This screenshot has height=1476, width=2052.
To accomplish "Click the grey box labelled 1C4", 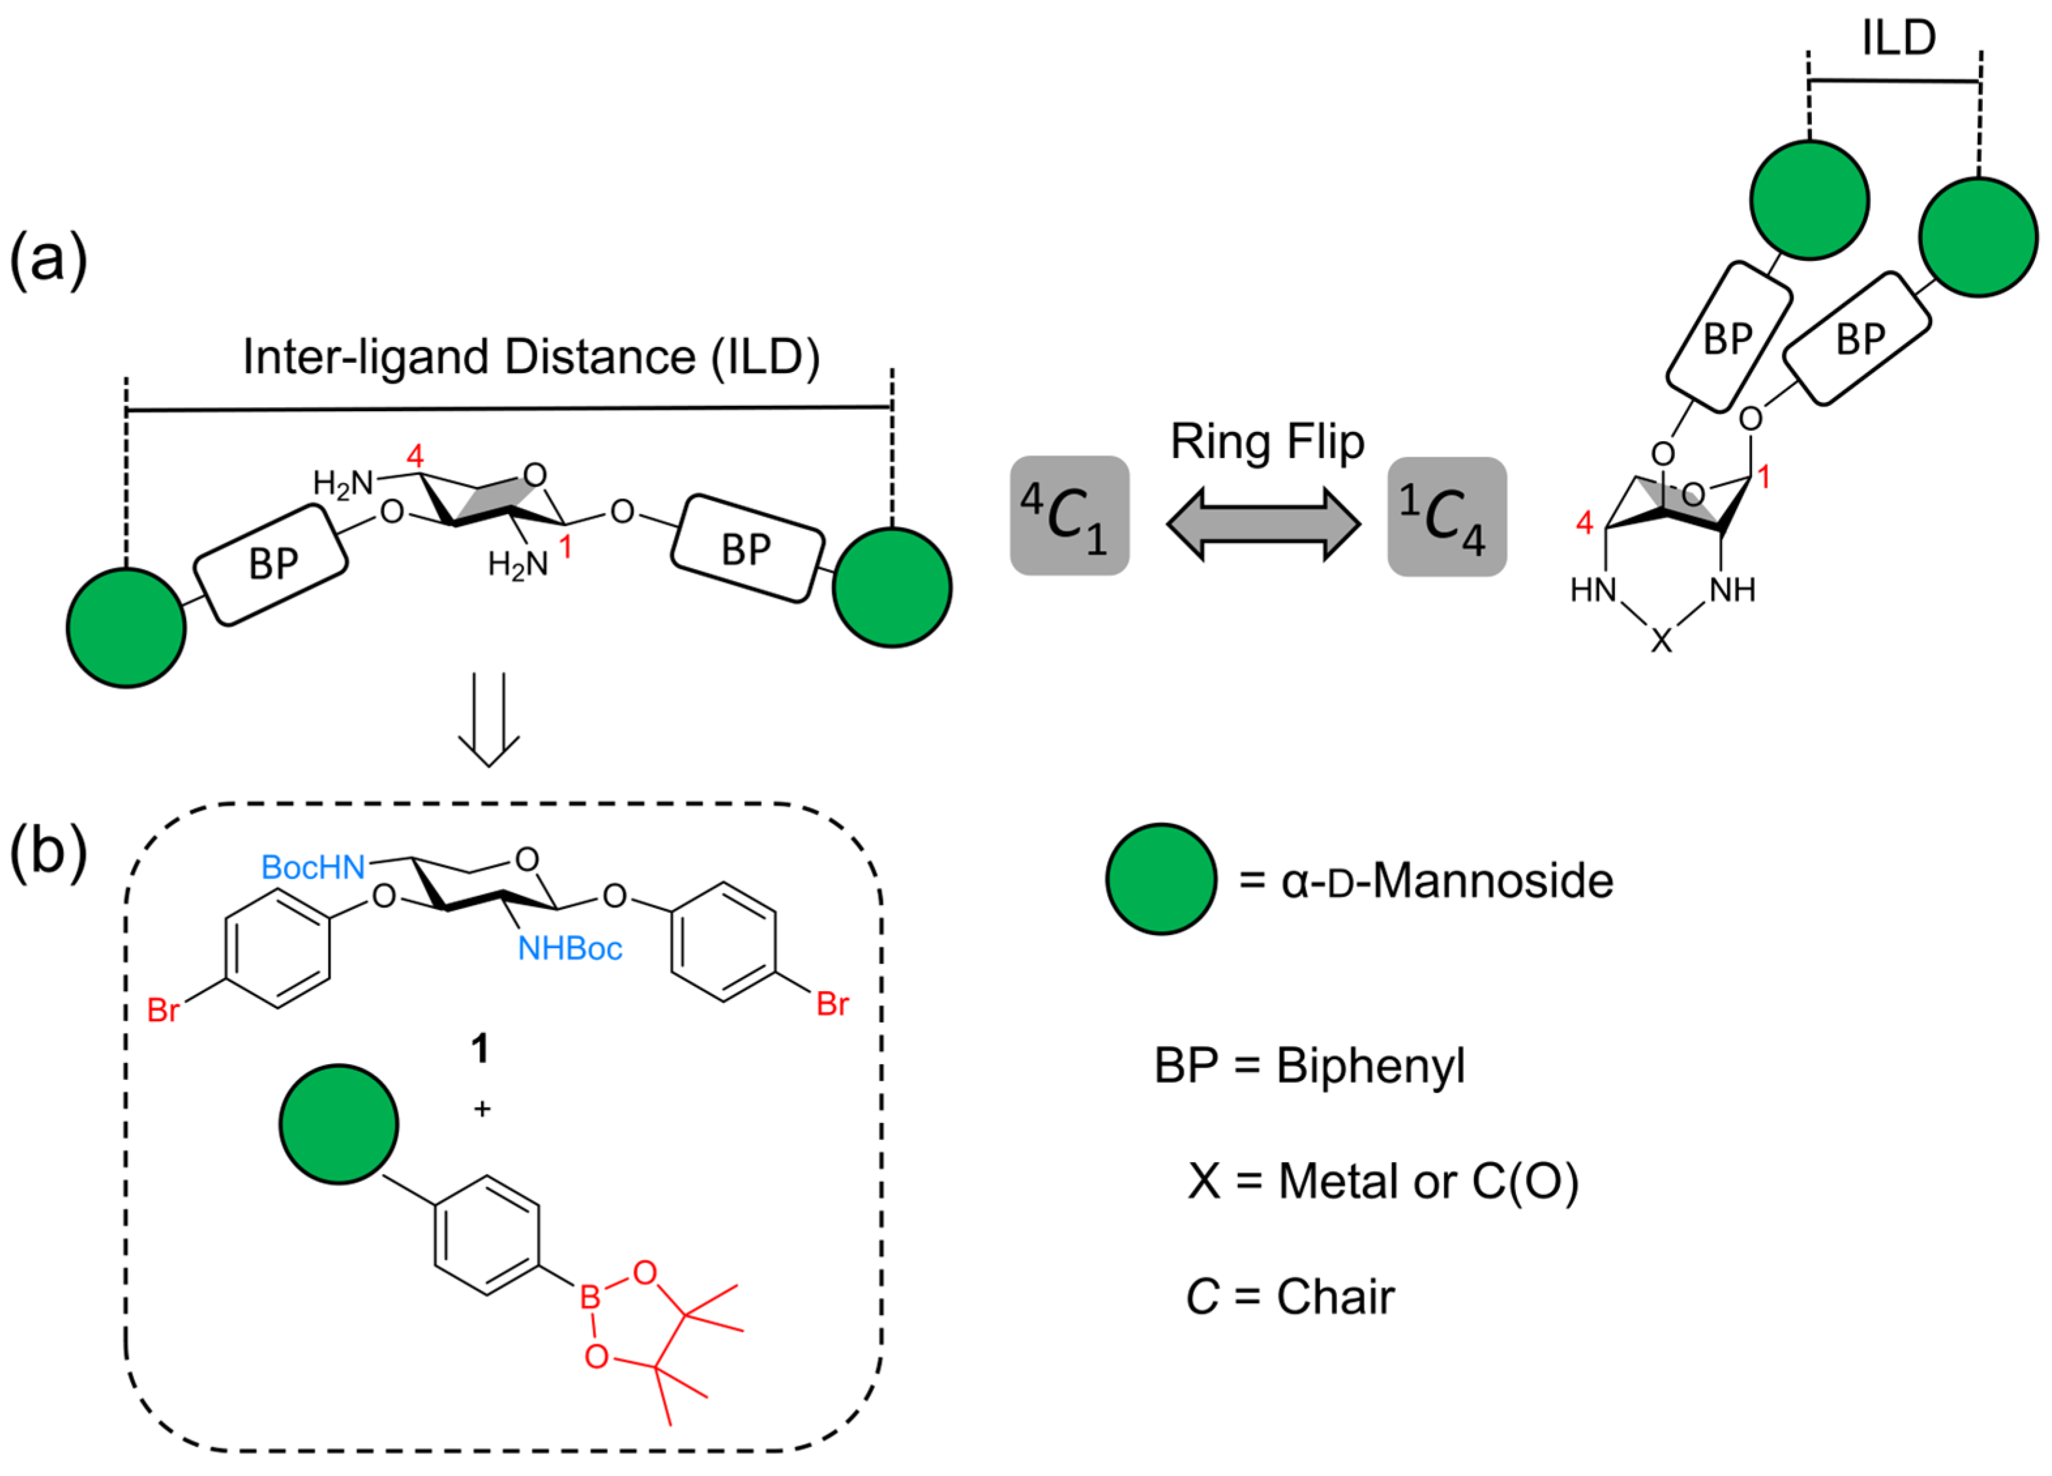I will pyautogui.click(x=1446, y=517).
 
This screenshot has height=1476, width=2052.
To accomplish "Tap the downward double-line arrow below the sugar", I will pyautogui.click(x=489, y=720).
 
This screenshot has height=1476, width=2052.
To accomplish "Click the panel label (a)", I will pyautogui.click(x=48, y=260).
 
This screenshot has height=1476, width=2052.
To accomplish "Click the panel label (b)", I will pyautogui.click(x=48, y=852).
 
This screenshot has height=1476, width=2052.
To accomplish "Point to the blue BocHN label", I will pyautogui.click(x=312, y=867).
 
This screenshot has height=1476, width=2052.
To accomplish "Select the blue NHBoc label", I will pyautogui.click(x=569, y=948).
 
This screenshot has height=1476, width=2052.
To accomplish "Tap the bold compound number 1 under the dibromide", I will pyautogui.click(x=479, y=1049).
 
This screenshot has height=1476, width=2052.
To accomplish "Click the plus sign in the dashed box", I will pyautogui.click(x=482, y=1109).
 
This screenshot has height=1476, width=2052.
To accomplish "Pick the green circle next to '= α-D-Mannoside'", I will pyautogui.click(x=1161, y=879).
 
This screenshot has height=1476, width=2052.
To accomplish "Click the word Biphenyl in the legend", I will pyautogui.click(x=1370, y=1066).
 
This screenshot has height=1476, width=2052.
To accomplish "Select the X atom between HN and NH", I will pyautogui.click(x=1661, y=641).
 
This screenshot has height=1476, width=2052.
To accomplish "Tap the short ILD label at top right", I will pyautogui.click(x=1898, y=38).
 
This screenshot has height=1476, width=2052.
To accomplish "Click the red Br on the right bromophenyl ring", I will pyautogui.click(x=832, y=1004).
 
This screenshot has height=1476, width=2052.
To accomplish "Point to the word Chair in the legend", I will pyautogui.click(x=1335, y=1297).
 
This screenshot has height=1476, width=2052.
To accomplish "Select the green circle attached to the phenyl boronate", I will pyautogui.click(x=339, y=1124).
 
